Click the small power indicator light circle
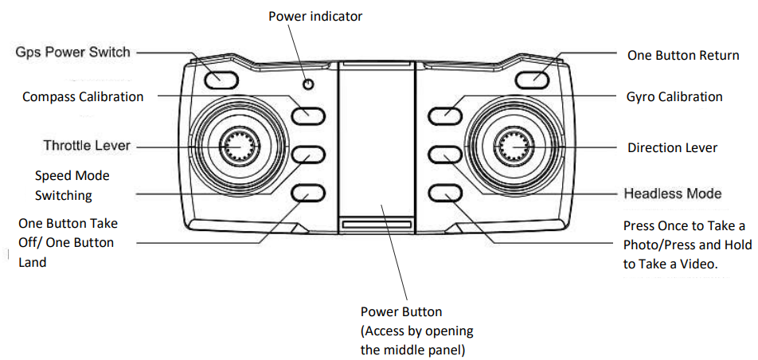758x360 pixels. pos(308,84)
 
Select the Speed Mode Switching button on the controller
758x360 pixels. pos(307,154)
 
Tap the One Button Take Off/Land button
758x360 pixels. pos(307,193)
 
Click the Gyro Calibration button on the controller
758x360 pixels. pos(443,115)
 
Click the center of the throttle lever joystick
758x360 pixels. pos(237,146)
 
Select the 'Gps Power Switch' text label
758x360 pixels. pos(72,53)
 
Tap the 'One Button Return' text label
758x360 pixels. pos(682,56)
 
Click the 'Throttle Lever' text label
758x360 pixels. pos(87,146)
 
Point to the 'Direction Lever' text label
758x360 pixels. pos(672,147)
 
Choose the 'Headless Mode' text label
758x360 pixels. pos(673,194)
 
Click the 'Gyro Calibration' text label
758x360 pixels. pos(674,97)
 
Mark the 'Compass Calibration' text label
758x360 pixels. pos(83,97)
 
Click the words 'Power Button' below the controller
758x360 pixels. pos(401,311)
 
